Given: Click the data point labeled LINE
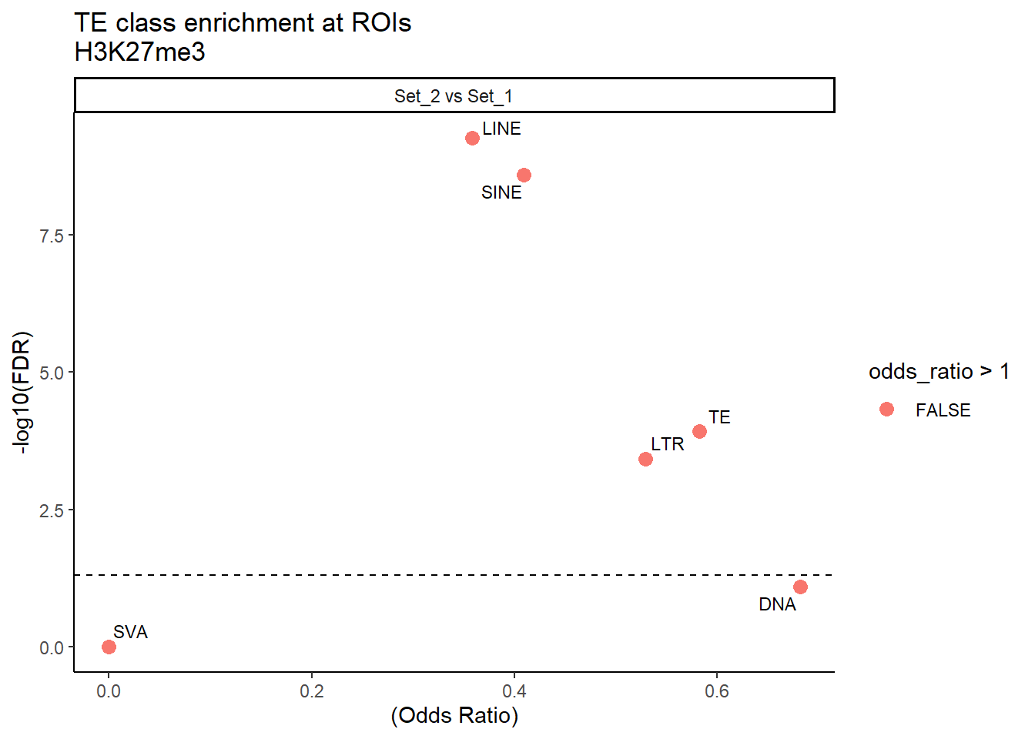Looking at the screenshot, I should click(x=472, y=139).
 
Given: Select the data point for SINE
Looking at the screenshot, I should click(x=524, y=176).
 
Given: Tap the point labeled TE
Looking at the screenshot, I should click(x=699, y=431).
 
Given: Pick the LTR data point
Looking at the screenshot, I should click(x=645, y=460).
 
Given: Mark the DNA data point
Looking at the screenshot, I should click(x=800, y=587).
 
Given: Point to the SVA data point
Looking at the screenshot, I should click(x=109, y=647).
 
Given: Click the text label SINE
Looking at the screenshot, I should click(x=501, y=193).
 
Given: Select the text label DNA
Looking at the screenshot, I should click(x=777, y=605).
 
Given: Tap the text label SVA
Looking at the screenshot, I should click(x=130, y=632).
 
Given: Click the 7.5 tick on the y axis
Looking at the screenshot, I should click(x=52, y=236).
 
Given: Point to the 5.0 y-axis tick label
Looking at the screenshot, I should click(x=52, y=373).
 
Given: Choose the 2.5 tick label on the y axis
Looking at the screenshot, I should click(x=52, y=510).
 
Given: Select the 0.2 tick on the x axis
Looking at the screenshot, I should click(x=312, y=691).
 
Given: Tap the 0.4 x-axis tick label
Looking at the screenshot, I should click(x=514, y=691).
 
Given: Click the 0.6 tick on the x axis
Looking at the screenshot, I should click(x=717, y=691).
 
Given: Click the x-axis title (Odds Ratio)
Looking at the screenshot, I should click(x=454, y=716).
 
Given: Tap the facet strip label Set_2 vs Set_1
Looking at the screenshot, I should click(x=454, y=96).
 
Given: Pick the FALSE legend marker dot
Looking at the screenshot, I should click(x=886, y=410).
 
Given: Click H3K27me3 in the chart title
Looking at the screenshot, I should click(x=139, y=52).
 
